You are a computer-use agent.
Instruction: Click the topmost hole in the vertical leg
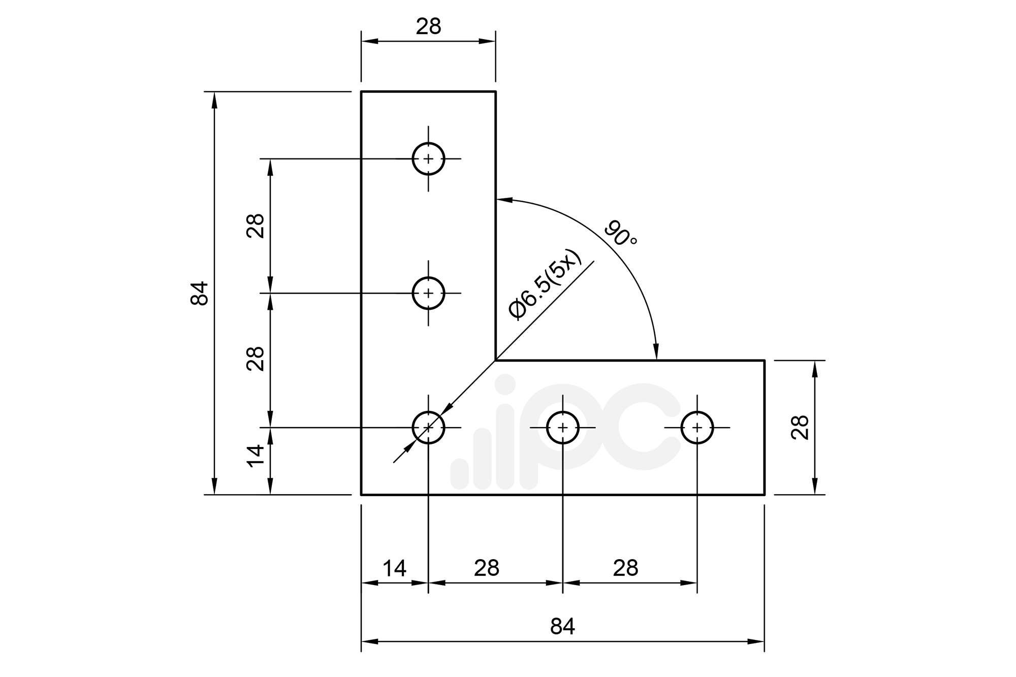click(x=428, y=159)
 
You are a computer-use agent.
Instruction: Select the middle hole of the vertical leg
click(x=428, y=293)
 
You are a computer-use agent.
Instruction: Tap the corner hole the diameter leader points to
click(x=428, y=428)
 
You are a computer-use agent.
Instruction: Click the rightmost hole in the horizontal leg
click(x=697, y=428)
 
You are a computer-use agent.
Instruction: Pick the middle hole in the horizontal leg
click(x=562, y=428)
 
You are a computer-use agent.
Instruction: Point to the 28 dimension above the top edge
click(x=428, y=26)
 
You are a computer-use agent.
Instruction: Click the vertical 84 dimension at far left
click(x=200, y=293)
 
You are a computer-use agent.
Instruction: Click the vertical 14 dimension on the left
click(x=256, y=456)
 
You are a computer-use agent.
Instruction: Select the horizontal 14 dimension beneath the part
click(x=394, y=568)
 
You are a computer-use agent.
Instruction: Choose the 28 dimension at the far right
click(x=800, y=427)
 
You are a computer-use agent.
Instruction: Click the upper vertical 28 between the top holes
click(x=256, y=225)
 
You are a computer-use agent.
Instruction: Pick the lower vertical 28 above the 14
click(x=256, y=359)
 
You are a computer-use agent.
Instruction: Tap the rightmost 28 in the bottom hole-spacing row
click(x=625, y=568)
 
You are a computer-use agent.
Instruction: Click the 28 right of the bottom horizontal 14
click(x=487, y=568)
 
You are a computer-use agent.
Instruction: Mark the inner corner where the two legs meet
click(x=496, y=361)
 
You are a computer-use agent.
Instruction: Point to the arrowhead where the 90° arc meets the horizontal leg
click(x=656, y=352)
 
